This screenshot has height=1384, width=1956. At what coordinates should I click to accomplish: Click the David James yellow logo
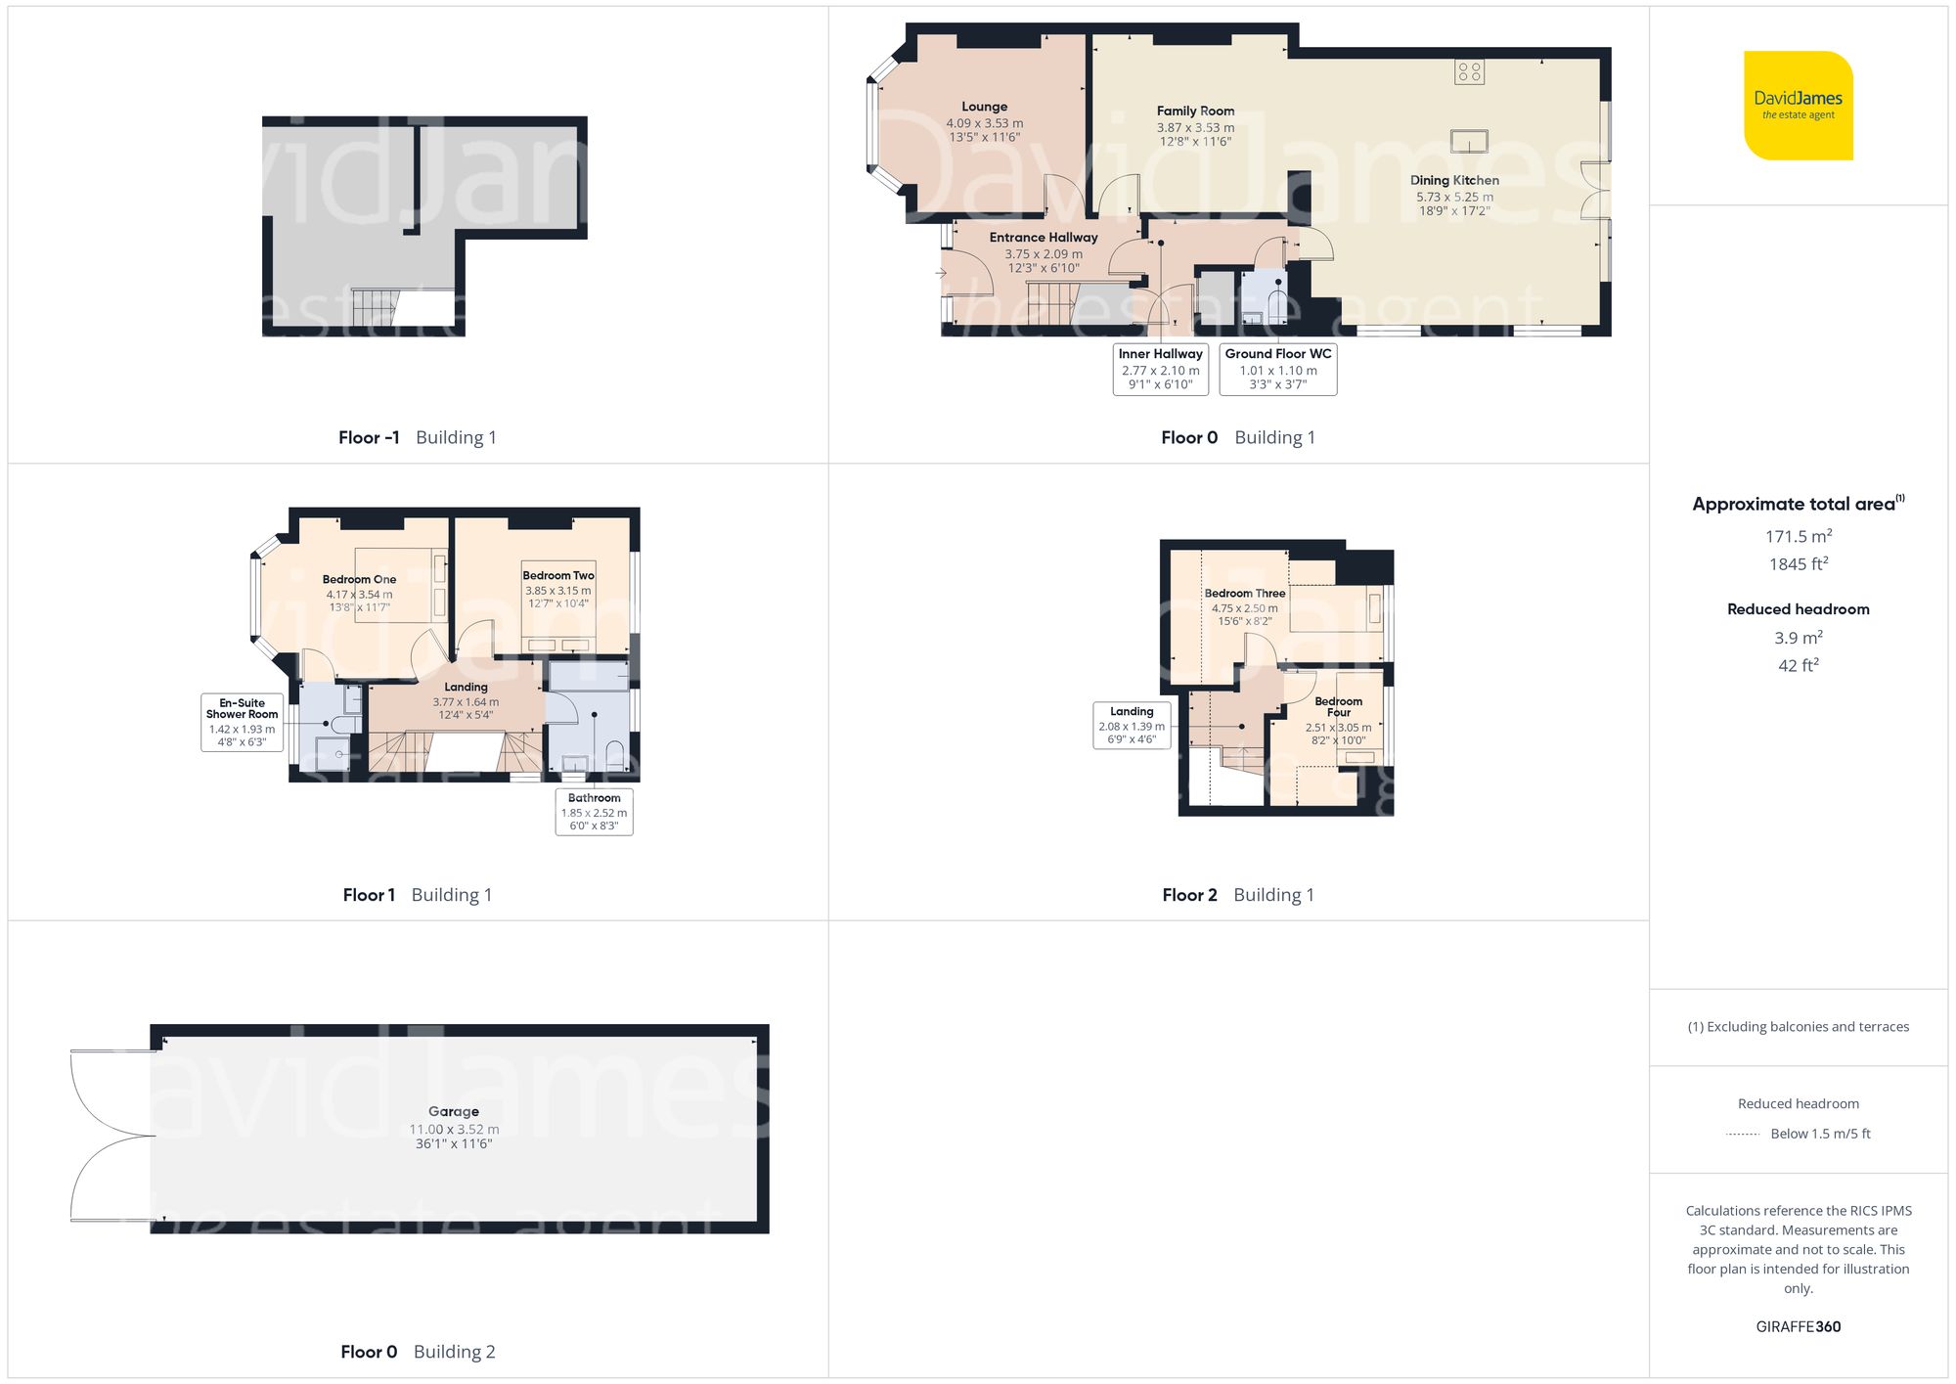1798,106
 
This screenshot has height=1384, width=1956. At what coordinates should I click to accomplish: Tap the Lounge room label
984,107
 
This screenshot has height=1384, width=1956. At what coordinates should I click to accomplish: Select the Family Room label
1195,112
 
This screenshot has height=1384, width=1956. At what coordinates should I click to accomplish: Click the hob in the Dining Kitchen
1469,71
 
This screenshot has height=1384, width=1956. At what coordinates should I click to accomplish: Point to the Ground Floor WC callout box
1277,369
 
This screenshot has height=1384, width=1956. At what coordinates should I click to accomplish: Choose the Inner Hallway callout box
1160,369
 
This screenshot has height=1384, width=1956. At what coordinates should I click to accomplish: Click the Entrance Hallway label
1044,238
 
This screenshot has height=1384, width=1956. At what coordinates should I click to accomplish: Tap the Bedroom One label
359,580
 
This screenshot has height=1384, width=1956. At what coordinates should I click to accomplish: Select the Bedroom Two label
557,576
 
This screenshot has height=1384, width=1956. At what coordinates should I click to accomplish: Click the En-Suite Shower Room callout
242,722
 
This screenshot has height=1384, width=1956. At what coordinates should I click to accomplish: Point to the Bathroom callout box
594,812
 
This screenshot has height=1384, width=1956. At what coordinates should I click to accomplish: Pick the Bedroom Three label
1244,594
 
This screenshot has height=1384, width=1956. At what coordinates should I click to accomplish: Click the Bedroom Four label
1338,706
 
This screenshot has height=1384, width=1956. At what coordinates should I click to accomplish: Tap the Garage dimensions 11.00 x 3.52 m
454,1130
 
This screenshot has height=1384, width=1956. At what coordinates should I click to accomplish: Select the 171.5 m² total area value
1798,536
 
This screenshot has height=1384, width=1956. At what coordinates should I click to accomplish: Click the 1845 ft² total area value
1798,564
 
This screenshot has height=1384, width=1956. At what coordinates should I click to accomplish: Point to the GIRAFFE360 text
1798,1327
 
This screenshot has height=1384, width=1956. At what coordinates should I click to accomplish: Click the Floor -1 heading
369,438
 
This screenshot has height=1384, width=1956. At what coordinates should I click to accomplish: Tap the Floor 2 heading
1189,895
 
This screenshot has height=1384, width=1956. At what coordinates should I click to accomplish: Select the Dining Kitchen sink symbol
1469,141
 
